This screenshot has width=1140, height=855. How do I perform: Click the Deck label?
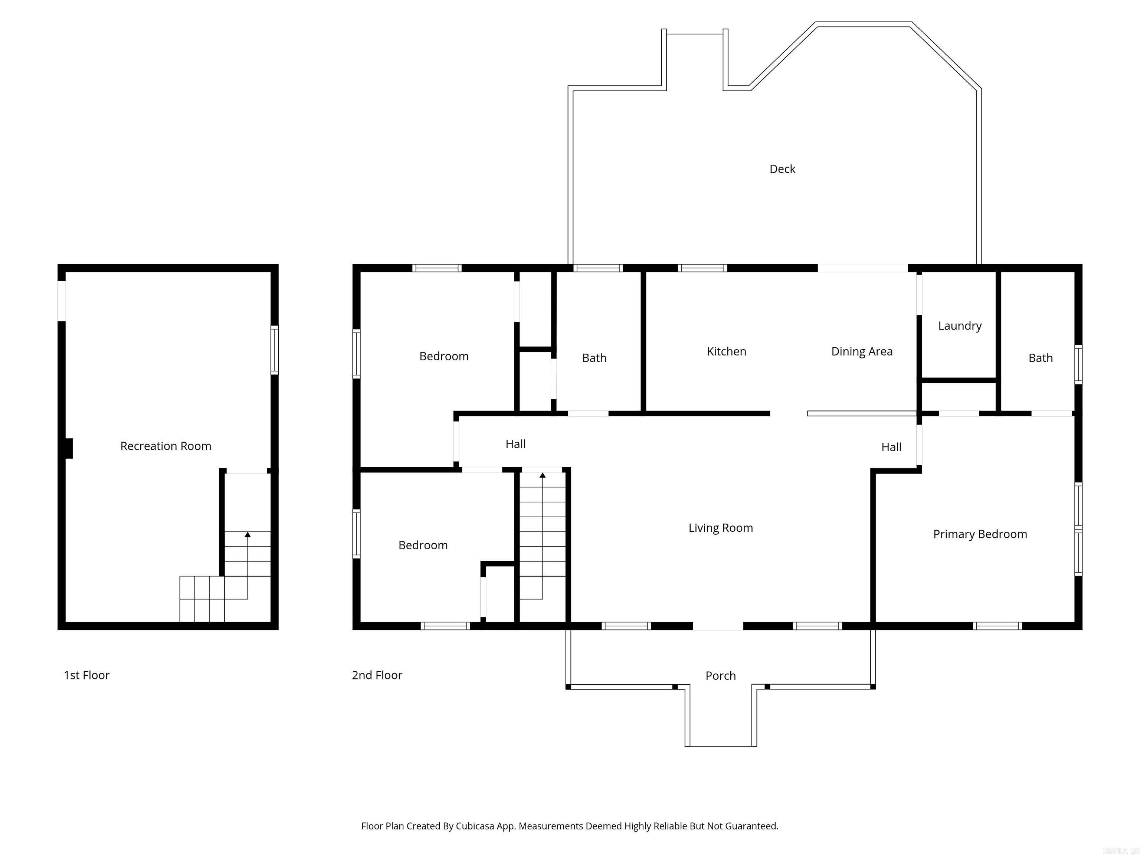coord(782,169)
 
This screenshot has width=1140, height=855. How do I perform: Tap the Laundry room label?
coord(959,326)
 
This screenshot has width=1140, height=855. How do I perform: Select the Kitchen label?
coord(726,351)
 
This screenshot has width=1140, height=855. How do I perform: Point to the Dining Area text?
coord(861,351)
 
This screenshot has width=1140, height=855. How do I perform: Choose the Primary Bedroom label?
coord(979,534)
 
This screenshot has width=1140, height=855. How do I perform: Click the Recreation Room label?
coord(166,446)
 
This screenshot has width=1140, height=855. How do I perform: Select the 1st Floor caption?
coord(86,675)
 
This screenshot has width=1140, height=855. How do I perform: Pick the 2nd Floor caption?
coord(377,675)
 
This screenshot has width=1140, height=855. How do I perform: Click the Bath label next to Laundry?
coord(1040,358)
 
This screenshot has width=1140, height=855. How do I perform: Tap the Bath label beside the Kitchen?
coord(594,358)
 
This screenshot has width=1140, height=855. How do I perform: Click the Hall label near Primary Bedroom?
coord(891,447)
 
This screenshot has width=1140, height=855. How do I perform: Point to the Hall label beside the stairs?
coord(515,444)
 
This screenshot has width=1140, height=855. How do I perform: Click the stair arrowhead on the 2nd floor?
coord(542,475)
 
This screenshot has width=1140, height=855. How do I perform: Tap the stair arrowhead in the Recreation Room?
coord(248,535)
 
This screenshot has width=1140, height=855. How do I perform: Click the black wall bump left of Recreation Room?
coord(69,448)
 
